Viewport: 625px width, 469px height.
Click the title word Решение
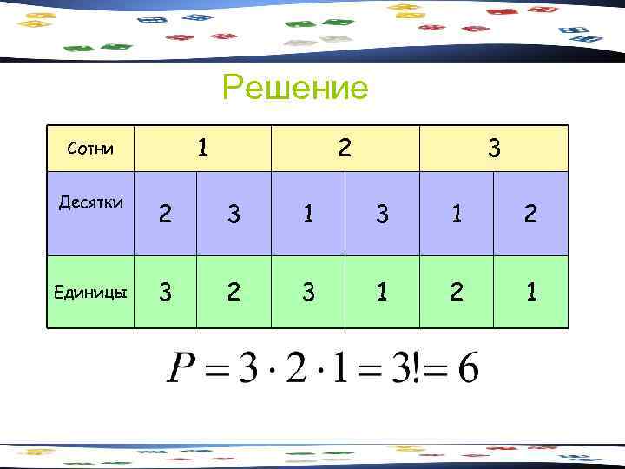(x=295, y=88)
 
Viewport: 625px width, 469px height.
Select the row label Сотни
(x=90, y=149)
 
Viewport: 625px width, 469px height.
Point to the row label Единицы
(x=90, y=293)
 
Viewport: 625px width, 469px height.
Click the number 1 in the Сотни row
(x=202, y=148)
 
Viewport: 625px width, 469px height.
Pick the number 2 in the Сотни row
(x=345, y=148)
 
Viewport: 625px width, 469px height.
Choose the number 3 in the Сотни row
(x=493, y=149)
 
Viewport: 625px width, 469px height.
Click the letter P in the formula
(x=183, y=372)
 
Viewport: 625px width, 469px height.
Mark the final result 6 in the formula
(x=466, y=372)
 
